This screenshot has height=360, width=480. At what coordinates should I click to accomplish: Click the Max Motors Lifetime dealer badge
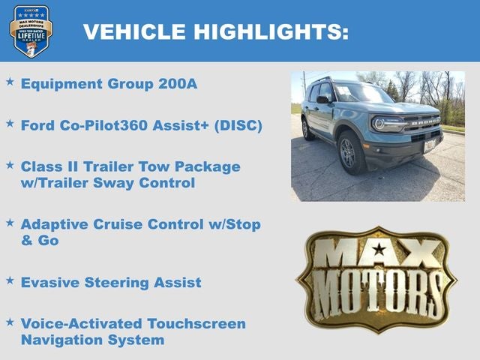tap(31, 31)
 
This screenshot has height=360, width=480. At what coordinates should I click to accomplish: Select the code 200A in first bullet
tap(178, 83)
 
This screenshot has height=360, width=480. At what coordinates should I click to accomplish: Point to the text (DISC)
tap(238, 125)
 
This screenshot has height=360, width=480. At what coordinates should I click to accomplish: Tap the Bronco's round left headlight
tap(379, 124)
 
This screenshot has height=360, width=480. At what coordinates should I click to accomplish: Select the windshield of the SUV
tap(361, 93)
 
